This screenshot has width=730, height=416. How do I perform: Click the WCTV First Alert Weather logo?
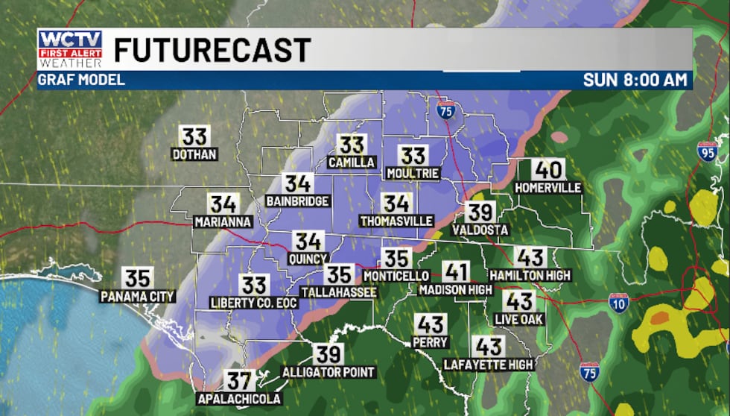70,50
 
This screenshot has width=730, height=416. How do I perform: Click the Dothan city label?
194,154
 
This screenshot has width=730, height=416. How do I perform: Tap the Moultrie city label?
413,173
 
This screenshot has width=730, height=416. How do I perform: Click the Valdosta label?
480,230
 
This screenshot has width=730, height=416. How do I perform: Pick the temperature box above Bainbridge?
297,183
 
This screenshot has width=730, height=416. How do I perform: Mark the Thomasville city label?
396,221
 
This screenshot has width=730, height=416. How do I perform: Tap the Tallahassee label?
339,292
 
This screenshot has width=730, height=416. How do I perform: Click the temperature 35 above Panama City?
138,277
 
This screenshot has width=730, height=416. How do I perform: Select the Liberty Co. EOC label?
254,303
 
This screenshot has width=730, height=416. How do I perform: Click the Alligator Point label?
328,372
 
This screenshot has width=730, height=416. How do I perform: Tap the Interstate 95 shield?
707,152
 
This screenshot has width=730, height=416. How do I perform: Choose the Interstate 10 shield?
618,303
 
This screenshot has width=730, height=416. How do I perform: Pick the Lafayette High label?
489,365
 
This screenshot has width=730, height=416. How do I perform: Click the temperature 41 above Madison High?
457,271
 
